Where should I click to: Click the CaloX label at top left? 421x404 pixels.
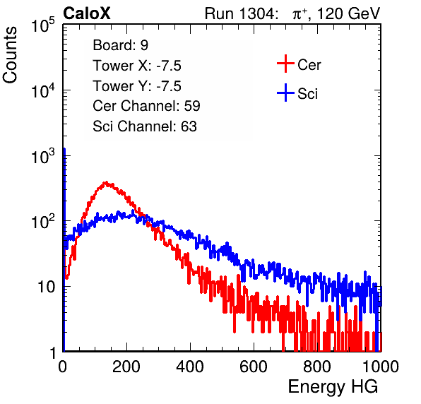tap(87, 13)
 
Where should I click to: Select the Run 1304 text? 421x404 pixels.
tap(240, 13)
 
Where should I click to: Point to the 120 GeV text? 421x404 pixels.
tap(348, 13)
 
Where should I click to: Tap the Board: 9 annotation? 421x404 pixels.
tap(120, 45)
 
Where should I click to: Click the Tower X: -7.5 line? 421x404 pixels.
tap(137, 66)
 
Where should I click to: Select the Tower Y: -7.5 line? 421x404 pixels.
tap(137, 86)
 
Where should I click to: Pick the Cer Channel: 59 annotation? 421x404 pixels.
tap(146, 106)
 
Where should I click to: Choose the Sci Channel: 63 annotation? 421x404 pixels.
tap(145, 126)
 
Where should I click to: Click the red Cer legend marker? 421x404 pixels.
tap(285, 64)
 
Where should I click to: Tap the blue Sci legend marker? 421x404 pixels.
tap(285, 93)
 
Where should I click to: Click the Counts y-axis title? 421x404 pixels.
tap(10, 55)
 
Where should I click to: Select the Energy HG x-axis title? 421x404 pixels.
tap(333, 387)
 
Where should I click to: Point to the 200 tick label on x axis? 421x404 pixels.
tap(126, 367)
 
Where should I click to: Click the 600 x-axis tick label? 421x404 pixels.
tap(254, 367)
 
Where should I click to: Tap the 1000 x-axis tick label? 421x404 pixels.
tap(381, 367)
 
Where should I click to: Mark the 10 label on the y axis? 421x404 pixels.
tap(46, 287)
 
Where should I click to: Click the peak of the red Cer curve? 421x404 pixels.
tap(106, 183)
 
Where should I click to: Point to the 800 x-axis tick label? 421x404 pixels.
tap(317, 367)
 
